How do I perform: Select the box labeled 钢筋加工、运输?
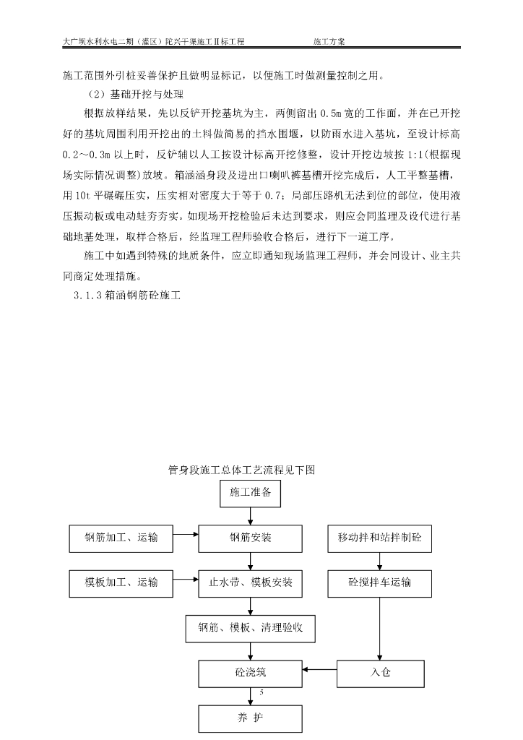click(x=121, y=538)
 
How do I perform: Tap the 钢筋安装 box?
click(x=250, y=538)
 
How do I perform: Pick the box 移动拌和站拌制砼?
click(x=379, y=538)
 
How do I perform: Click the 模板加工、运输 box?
click(x=121, y=582)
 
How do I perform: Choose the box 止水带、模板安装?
click(x=250, y=582)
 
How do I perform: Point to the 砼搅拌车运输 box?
click(x=379, y=582)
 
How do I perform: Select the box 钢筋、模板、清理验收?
click(x=250, y=627)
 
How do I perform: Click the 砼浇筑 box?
click(x=250, y=672)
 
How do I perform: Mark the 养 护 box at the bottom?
click(x=250, y=718)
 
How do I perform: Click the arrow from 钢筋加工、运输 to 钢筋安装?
click(x=186, y=535)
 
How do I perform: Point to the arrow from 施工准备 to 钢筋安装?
click(x=250, y=515)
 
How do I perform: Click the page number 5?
click(x=260, y=692)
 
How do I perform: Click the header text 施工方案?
click(x=329, y=41)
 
